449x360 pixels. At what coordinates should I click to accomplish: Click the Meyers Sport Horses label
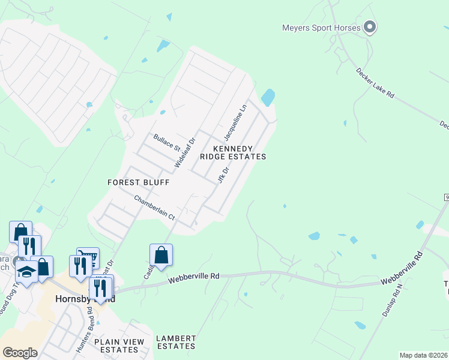(x=321, y=28)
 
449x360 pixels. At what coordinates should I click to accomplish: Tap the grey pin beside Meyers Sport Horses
(x=370, y=27)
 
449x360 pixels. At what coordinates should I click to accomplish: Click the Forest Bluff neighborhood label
(x=139, y=182)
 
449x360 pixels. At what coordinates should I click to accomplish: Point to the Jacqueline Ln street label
(x=235, y=121)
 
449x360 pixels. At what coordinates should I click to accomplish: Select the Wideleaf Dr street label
(x=185, y=152)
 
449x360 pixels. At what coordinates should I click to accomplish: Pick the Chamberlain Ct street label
(x=154, y=208)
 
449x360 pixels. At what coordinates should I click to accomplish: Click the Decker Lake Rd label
(x=375, y=83)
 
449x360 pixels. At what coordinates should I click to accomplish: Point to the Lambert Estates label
(x=176, y=343)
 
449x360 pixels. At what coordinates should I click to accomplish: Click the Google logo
(x=20, y=352)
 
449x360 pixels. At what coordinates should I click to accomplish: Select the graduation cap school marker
(x=26, y=272)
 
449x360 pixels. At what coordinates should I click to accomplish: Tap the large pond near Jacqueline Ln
(x=268, y=97)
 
